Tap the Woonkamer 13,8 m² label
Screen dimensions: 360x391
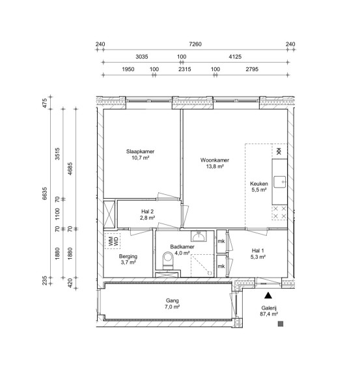215,163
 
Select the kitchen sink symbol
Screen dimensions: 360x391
279,182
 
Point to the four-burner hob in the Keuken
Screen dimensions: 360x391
279,212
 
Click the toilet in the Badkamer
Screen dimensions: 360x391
168,261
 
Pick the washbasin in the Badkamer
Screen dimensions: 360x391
199,236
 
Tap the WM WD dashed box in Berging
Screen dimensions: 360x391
113,241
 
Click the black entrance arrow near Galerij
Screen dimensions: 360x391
268,295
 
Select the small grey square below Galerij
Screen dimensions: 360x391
281,324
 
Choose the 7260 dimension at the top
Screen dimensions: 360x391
195,44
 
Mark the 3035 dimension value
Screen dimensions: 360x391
142,57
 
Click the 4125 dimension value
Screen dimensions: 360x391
235,57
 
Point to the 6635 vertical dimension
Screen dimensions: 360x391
44,194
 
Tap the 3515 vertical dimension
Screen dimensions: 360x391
57,154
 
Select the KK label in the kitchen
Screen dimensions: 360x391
279,151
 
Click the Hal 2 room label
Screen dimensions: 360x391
147,214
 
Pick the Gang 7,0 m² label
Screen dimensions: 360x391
172,304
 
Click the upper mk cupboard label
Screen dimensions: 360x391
221,241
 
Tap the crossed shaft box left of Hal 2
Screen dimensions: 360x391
109,214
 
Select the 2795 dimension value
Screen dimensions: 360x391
252,69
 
